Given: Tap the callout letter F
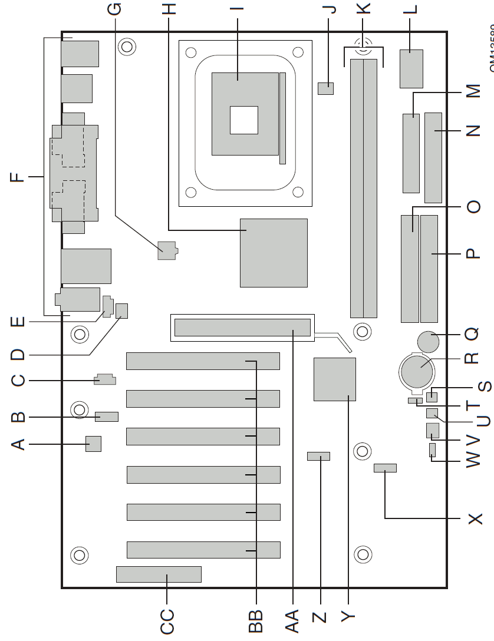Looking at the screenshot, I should click(20, 176).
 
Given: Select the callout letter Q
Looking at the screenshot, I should click(472, 334).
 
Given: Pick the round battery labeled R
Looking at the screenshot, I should click(418, 370).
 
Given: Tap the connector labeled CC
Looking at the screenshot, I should click(159, 574).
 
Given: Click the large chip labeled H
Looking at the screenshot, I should click(274, 253).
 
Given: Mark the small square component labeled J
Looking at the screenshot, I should click(325, 88).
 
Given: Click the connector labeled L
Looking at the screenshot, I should click(411, 68).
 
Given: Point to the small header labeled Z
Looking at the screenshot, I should click(318, 457).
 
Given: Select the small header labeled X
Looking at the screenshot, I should click(385, 452).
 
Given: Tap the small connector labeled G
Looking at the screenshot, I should click(167, 250).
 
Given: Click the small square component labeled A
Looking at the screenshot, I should click(94, 444).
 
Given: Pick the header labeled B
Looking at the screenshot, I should click(107, 417).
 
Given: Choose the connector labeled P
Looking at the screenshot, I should click(430, 269).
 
